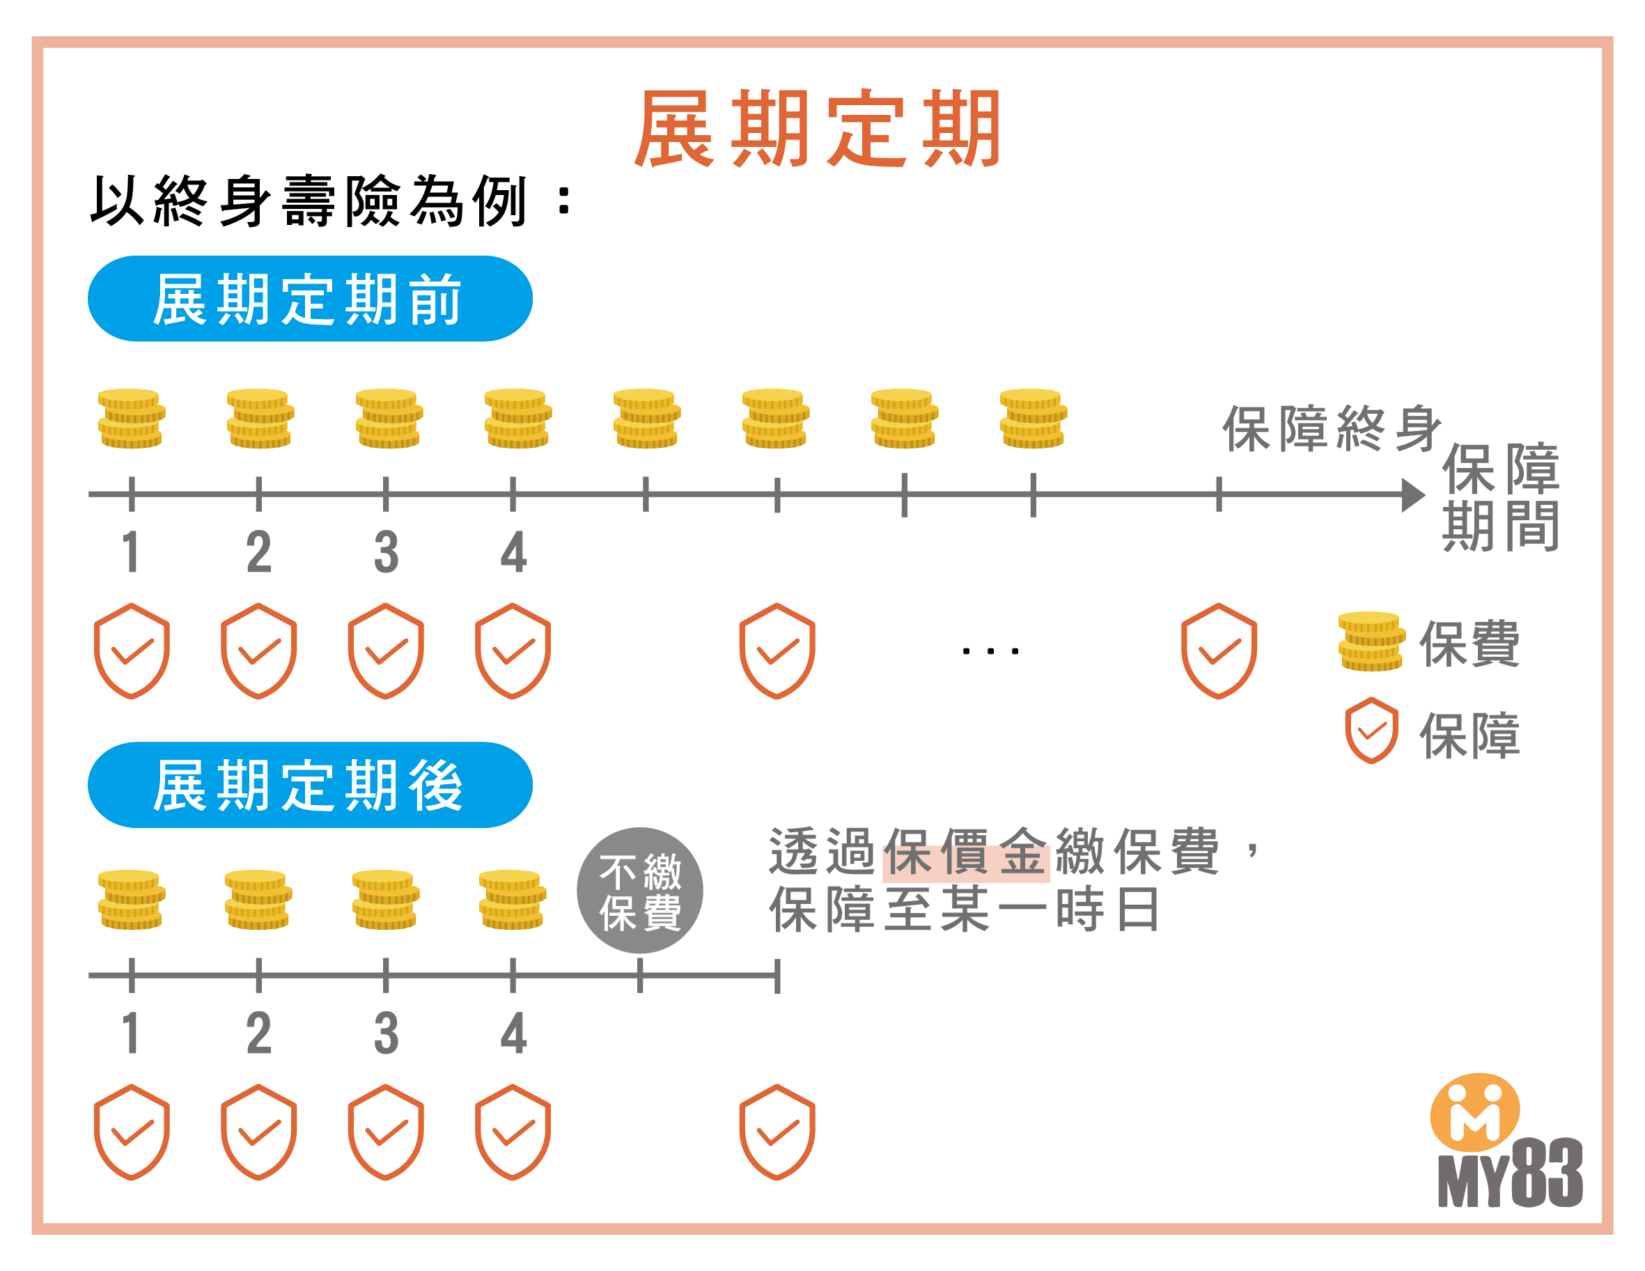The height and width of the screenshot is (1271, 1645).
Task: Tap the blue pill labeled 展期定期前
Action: (x=309, y=299)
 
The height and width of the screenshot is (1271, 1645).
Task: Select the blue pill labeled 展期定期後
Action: (x=309, y=785)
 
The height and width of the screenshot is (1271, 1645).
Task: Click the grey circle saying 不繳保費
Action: (x=639, y=891)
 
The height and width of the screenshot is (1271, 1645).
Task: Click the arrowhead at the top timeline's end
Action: (x=1412, y=495)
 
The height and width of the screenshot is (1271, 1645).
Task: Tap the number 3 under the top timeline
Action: (x=386, y=552)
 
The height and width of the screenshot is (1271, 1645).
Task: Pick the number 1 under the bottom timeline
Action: (x=132, y=1033)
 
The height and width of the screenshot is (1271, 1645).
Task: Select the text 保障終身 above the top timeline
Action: (x=1331, y=429)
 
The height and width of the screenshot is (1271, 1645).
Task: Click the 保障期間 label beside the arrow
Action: (x=1500, y=497)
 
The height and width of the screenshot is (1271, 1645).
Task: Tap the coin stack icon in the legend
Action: (x=1371, y=641)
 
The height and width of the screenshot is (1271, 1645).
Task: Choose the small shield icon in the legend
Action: (x=1371, y=730)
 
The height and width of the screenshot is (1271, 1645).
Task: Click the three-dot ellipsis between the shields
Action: (x=990, y=651)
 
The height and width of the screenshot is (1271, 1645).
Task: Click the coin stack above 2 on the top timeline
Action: (x=260, y=418)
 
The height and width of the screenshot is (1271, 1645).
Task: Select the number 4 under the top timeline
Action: (x=514, y=552)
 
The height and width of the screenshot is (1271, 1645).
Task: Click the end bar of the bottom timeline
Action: (x=777, y=976)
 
